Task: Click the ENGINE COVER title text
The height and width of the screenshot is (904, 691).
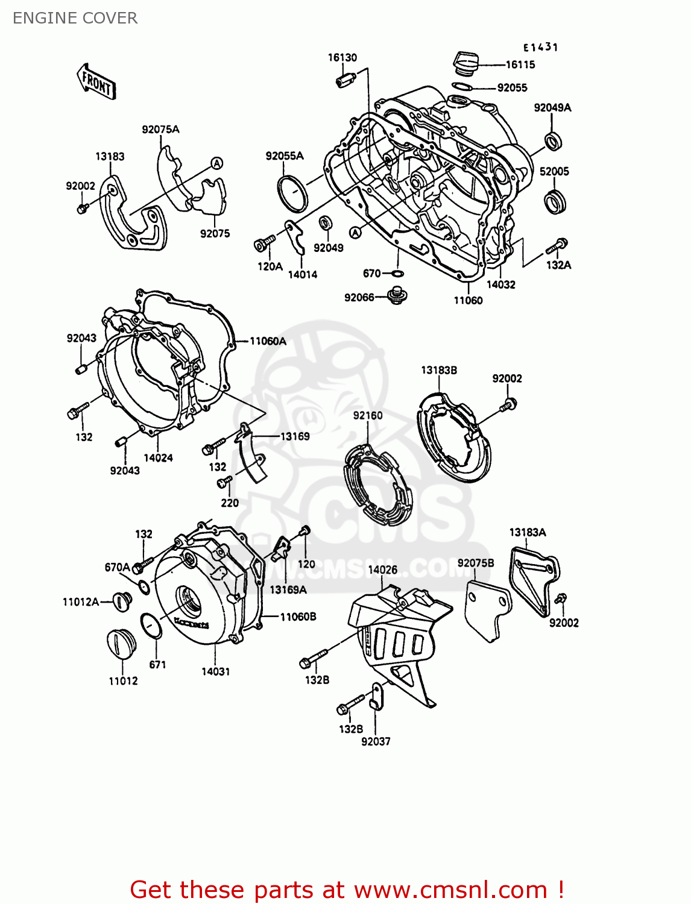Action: click(75, 18)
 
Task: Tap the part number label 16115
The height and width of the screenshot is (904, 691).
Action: click(520, 65)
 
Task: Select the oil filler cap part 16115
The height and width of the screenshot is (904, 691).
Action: click(465, 63)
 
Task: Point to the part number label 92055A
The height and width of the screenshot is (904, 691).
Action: click(285, 156)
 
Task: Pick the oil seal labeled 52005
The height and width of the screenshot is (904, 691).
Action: click(555, 201)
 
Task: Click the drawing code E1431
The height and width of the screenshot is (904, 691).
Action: click(540, 47)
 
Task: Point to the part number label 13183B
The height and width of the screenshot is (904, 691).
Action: click(438, 370)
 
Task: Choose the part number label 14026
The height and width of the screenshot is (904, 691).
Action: click(382, 570)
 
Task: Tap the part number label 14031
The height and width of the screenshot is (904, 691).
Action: click(215, 671)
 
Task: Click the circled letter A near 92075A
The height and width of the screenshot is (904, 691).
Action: click(216, 163)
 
